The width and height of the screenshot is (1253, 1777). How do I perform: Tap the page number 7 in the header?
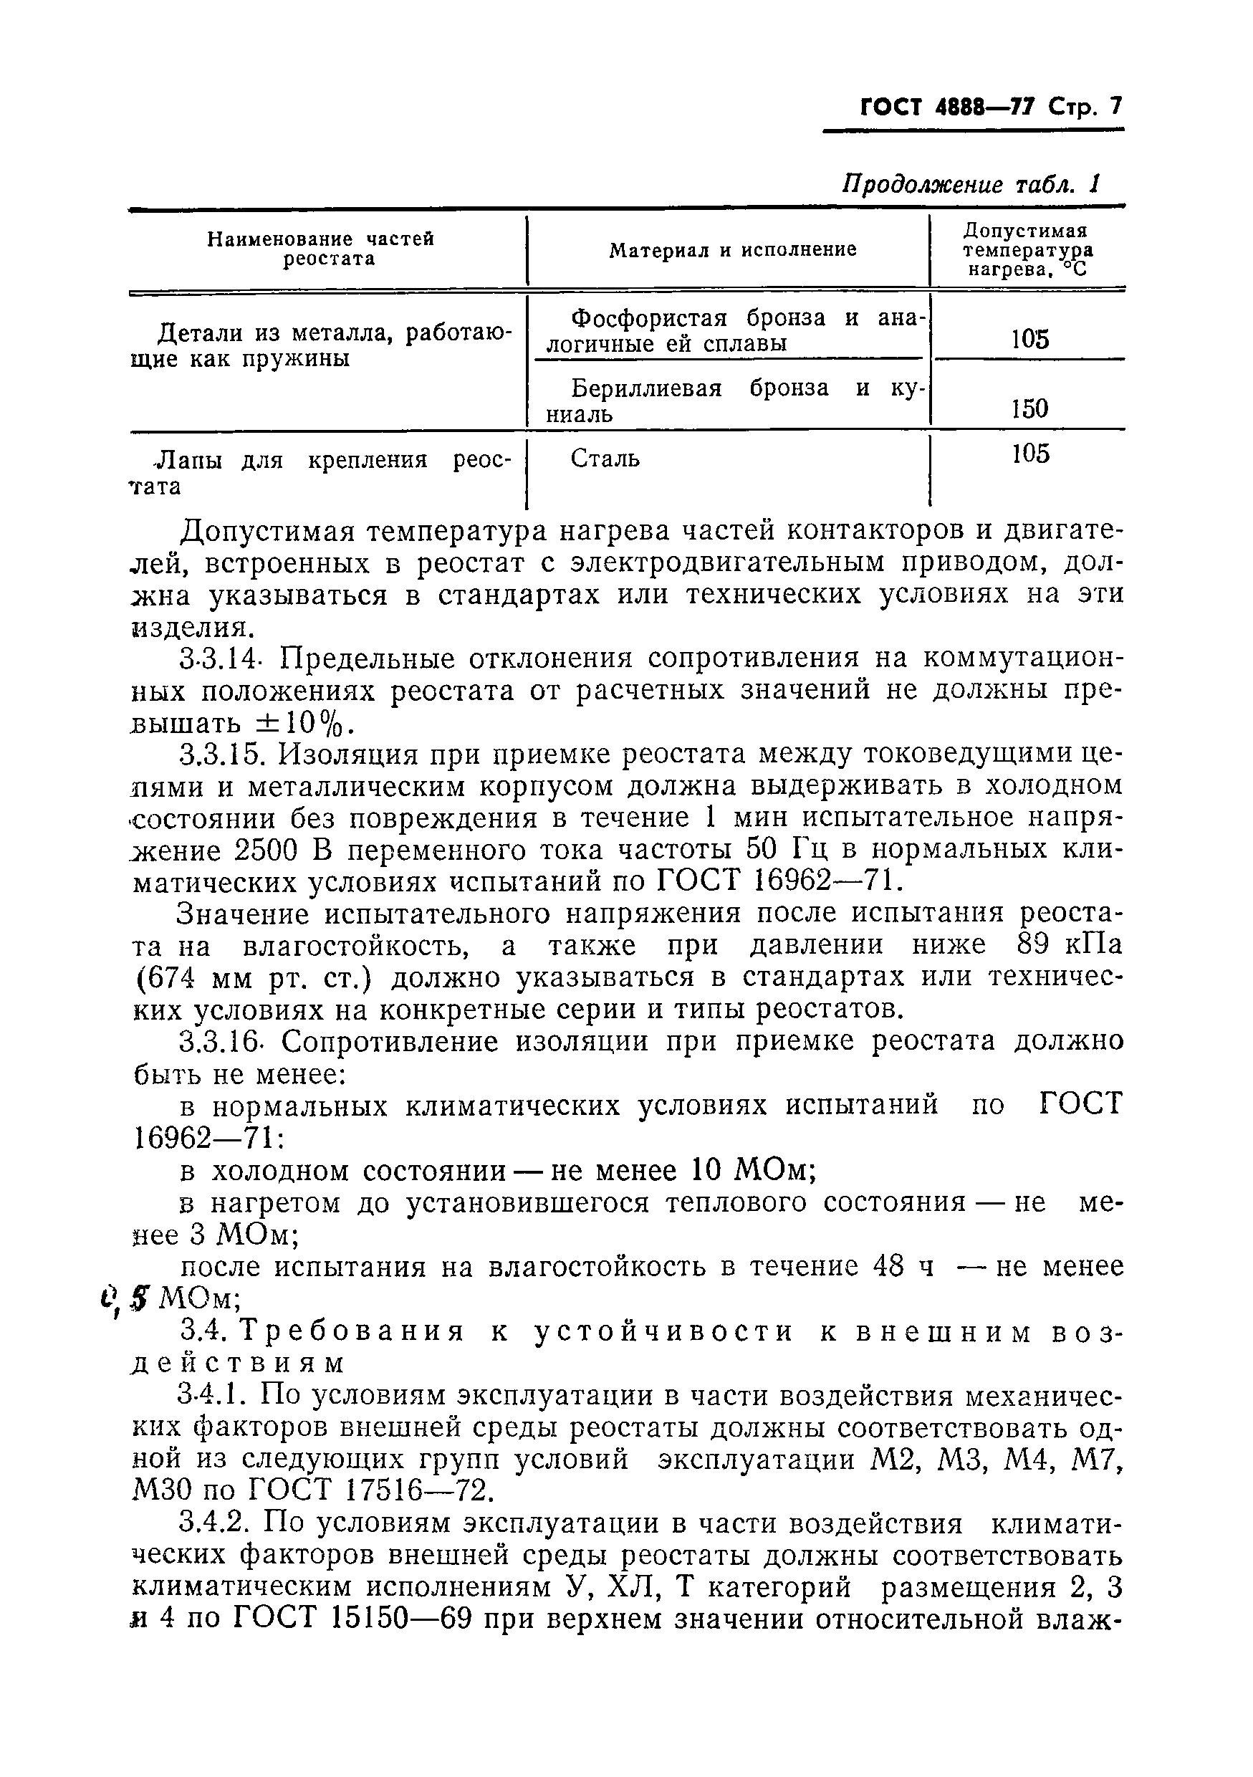point(1115,107)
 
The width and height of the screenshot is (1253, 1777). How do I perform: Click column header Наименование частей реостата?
point(320,249)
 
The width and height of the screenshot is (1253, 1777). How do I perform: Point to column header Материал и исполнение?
point(732,250)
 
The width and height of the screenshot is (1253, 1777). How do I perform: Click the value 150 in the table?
point(1029,408)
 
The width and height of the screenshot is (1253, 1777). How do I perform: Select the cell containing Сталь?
point(605,459)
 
